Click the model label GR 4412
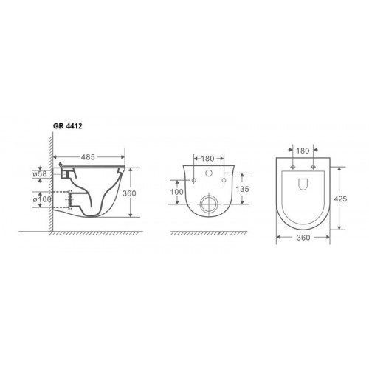[68, 126]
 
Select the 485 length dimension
[88, 157]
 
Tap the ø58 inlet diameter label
[40, 174]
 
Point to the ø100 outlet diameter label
[42, 199]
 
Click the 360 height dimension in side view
[129, 193]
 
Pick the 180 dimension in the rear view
[207, 159]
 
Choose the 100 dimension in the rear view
[176, 192]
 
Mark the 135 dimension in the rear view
[242, 189]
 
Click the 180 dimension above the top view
[303, 151]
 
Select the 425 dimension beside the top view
[340, 199]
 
